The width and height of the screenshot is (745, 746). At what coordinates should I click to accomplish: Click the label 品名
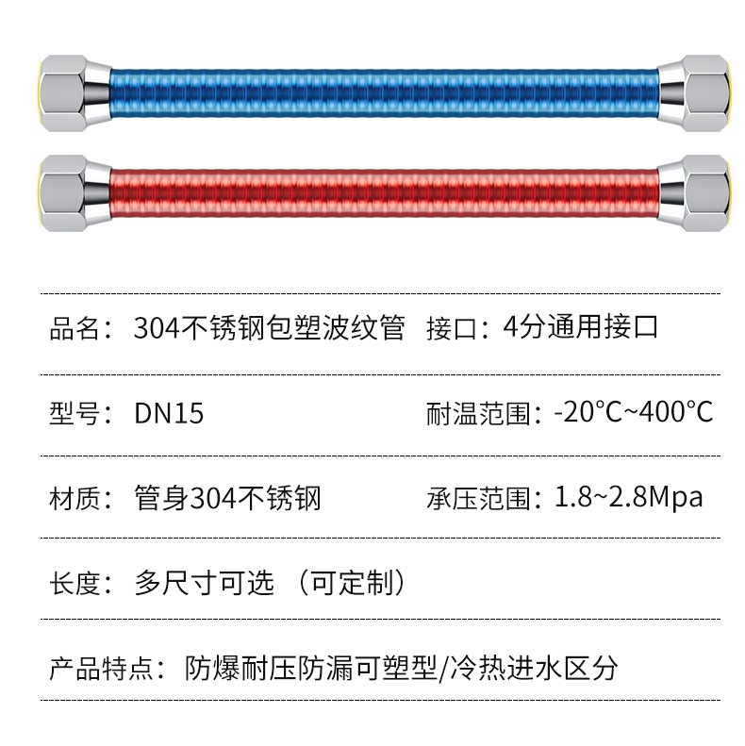74,329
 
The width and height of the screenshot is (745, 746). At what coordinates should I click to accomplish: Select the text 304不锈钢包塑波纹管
270,329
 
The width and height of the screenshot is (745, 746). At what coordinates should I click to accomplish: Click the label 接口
452,329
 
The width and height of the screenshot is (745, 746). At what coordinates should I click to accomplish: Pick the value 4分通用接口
581,329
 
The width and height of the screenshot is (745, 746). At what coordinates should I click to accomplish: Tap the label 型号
74,413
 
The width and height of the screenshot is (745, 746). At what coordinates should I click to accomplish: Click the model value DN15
169,413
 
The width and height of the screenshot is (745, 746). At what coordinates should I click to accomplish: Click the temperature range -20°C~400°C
633,413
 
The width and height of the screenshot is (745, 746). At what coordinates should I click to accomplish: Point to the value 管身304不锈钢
228,497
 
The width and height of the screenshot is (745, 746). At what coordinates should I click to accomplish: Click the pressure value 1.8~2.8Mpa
627,497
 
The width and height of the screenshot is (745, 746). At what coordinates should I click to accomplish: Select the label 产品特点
100,669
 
